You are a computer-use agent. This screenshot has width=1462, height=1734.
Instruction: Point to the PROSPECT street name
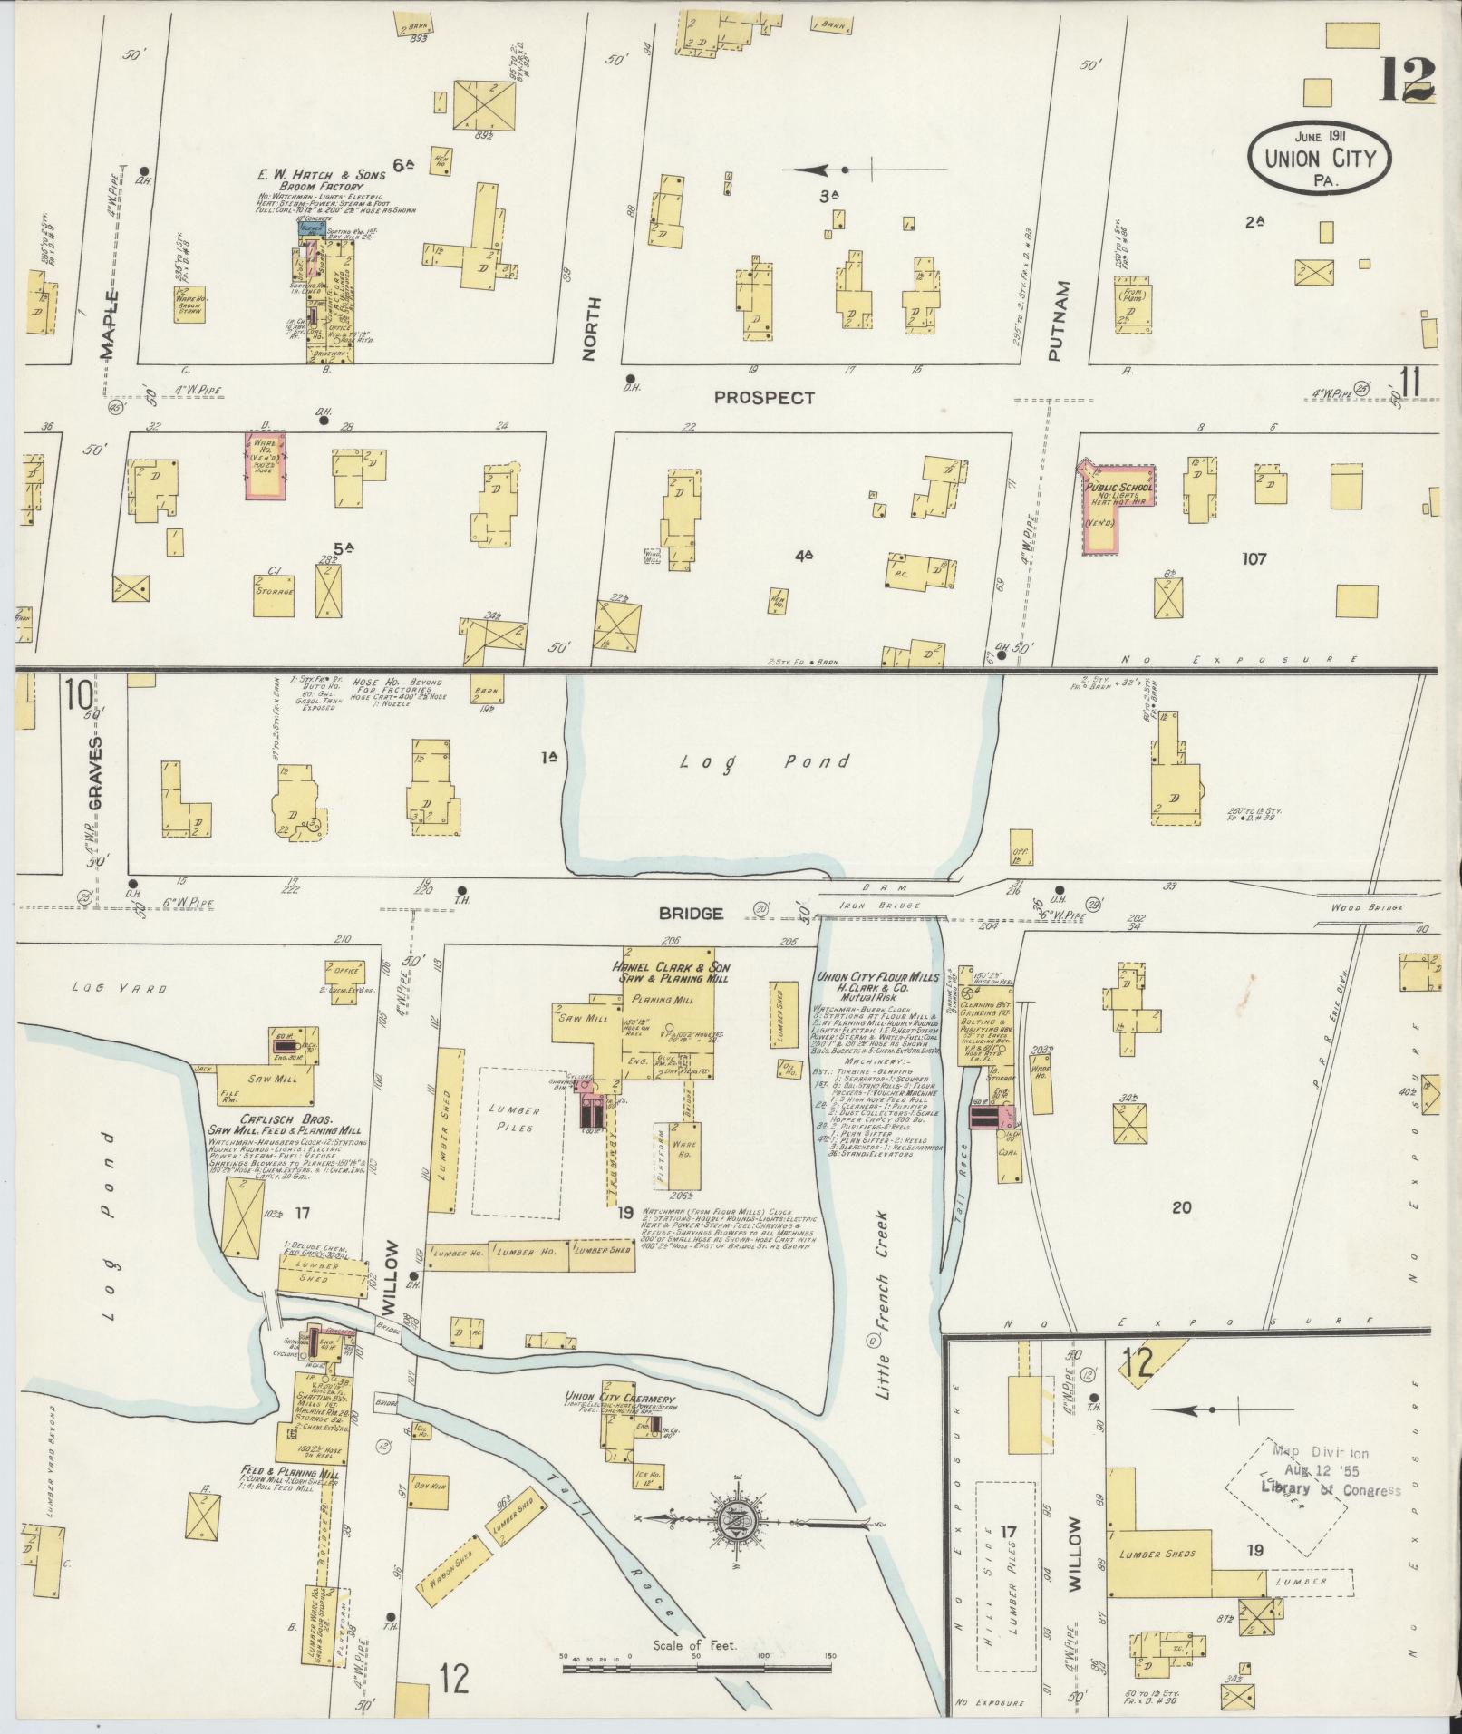pos(763,397)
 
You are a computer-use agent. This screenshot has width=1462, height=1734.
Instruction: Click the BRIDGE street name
pos(692,914)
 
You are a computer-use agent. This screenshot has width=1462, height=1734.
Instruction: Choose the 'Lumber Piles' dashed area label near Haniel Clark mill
pos(518,1117)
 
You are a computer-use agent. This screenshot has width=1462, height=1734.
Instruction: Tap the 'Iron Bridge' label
pos(894,906)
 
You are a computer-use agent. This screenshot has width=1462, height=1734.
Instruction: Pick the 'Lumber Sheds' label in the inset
pos(1157,1553)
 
